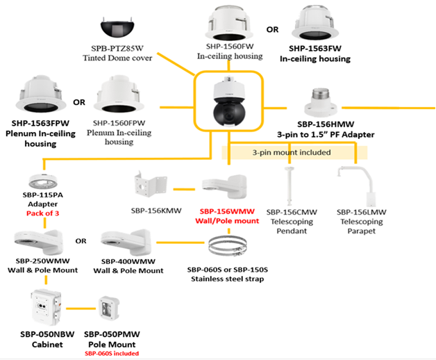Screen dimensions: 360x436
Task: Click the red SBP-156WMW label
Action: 226,213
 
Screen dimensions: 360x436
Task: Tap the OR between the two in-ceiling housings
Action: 273,30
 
